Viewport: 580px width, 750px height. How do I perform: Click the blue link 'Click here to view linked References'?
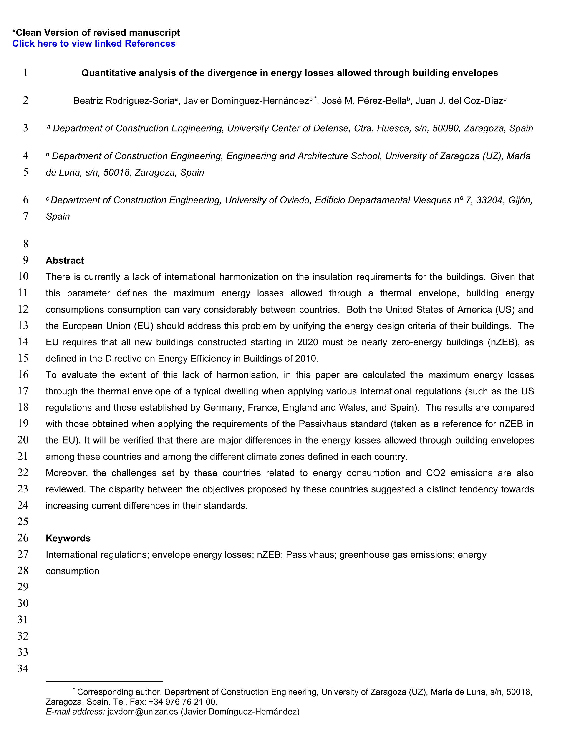pyautogui.click(x=94, y=44)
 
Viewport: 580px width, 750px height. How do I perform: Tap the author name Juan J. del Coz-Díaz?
pyautogui.click(x=459, y=101)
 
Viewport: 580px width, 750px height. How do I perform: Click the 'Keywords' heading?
pyautogui.click(x=68, y=538)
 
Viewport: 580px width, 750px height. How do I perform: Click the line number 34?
pyautogui.click(x=23, y=668)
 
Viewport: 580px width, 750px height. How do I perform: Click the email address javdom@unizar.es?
pyautogui.click(x=143, y=712)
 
